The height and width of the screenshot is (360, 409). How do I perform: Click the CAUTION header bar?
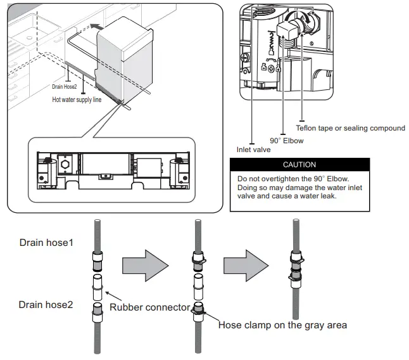coord(299,165)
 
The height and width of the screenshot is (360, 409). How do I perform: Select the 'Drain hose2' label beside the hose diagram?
coord(46,305)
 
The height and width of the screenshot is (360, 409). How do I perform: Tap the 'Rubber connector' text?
coord(149,307)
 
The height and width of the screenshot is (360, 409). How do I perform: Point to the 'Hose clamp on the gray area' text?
coord(282,325)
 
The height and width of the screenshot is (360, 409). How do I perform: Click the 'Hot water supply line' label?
coord(77,100)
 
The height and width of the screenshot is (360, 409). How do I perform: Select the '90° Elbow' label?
coord(287,140)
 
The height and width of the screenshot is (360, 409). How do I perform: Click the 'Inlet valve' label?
coord(253,150)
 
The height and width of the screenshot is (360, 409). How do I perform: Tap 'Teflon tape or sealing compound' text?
coord(350,128)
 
